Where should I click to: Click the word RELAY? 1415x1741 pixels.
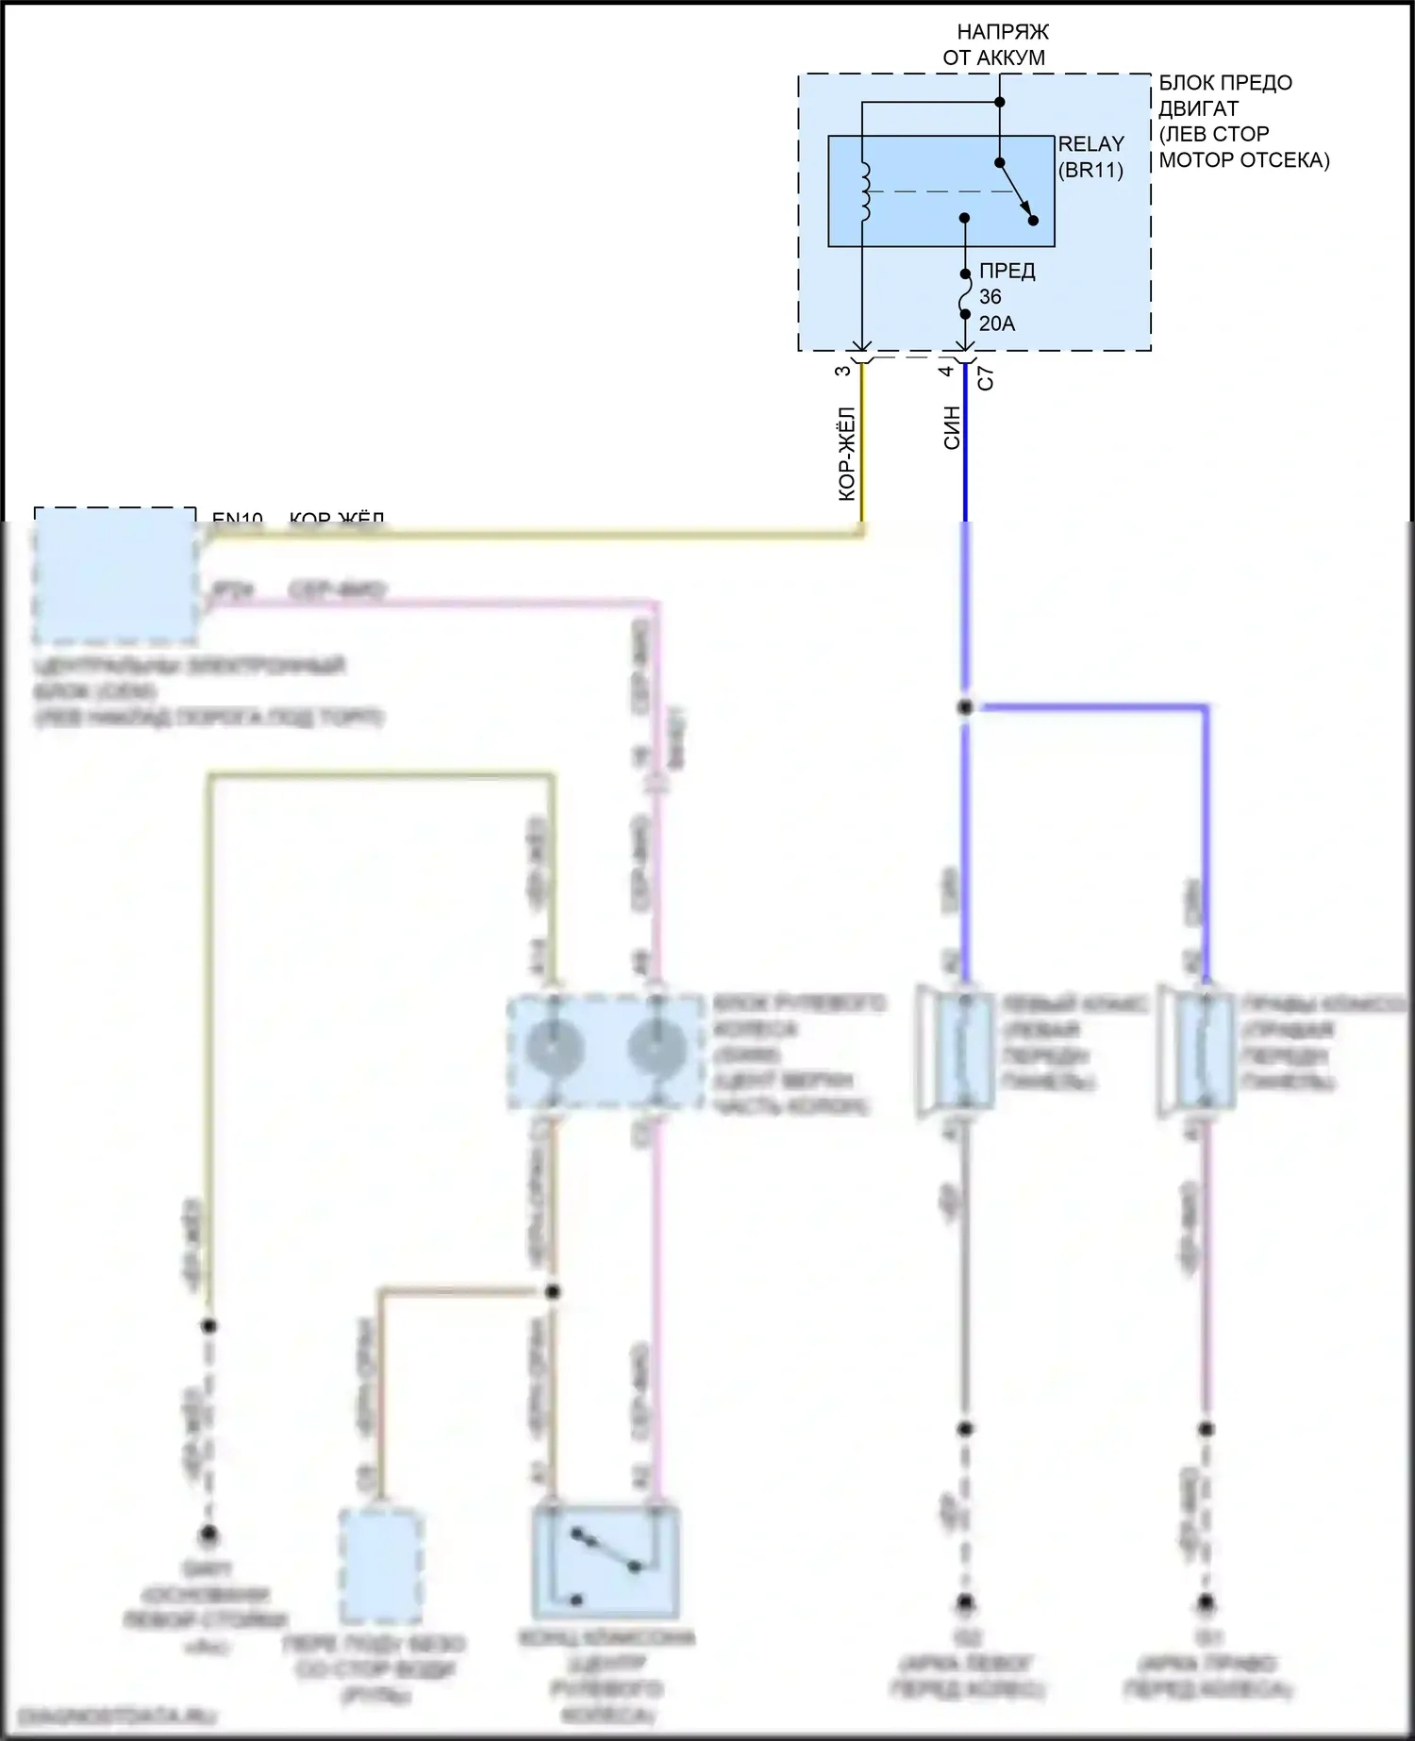click(x=1090, y=144)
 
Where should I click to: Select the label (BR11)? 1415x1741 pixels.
click(x=1090, y=171)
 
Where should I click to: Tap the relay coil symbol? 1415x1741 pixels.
click(x=865, y=192)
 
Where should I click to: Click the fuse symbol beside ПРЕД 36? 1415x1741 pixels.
click(x=964, y=294)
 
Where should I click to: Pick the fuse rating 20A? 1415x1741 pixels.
click(x=997, y=323)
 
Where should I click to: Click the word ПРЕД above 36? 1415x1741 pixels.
click(x=1007, y=271)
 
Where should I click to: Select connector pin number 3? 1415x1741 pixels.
click(x=843, y=371)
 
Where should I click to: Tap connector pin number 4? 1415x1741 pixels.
click(x=946, y=371)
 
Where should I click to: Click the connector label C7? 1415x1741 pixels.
click(x=986, y=378)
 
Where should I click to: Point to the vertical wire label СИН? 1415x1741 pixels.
click(x=952, y=427)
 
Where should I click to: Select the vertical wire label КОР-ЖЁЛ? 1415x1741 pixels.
click(x=847, y=453)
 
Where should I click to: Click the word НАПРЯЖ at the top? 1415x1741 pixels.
click(x=1003, y=32)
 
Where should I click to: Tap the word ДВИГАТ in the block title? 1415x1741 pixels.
click(x=1198, y=108)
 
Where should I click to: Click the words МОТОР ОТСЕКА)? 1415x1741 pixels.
click(x=1243, y=160)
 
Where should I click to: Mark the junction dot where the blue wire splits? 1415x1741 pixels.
click(x=965, y=706)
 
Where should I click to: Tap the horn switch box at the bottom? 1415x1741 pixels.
click(x=606, y=1562)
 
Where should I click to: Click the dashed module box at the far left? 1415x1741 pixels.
click(x=115, y=573)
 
